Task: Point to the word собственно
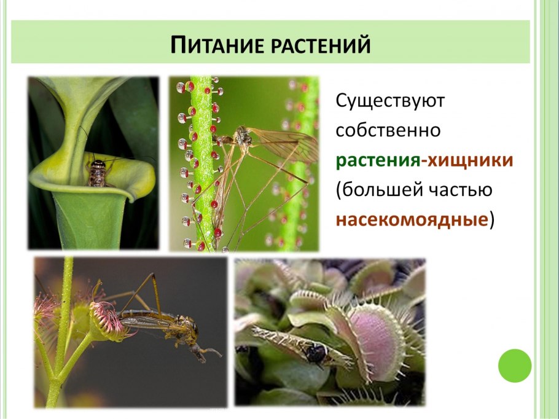(388, 131)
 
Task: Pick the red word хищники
(469, 161)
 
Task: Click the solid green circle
(514, 366)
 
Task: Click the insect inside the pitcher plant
(97, 172)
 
